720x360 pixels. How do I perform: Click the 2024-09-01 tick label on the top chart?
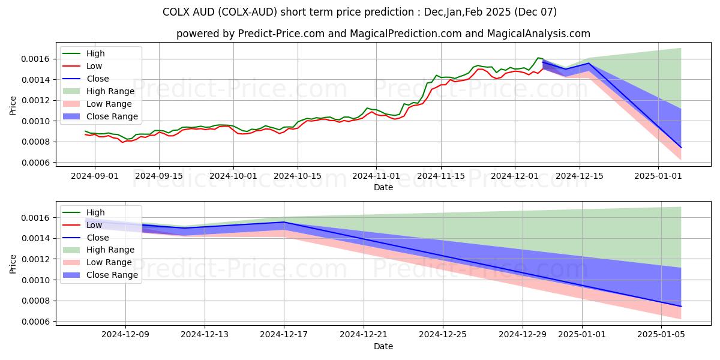pos(95,176)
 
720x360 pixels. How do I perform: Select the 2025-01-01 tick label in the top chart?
pos(658,176)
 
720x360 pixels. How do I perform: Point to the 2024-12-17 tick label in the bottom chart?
pos(284,335)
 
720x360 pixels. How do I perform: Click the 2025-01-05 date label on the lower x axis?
pos(661,335)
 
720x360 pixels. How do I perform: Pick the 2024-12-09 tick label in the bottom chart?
pos(125,335)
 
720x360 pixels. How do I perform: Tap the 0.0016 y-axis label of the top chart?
pos(35,59)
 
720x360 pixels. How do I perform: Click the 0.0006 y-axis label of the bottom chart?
pos(35,322)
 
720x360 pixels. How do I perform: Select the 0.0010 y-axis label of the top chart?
pos(35,121)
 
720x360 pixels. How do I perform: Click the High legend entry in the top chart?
pos(95,53)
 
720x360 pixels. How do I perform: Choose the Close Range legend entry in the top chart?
pos(112,116)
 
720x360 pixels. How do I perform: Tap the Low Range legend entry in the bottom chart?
pos(109,262)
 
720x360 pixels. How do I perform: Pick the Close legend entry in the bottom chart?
pos(98,238)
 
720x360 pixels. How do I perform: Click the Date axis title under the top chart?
pos(383,187)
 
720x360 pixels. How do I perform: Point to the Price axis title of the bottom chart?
pos(13,264)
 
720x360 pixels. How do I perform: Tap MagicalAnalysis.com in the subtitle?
pos(538,34)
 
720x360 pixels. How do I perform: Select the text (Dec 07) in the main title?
pos(535,12)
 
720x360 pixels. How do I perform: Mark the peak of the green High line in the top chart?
pos(538,58)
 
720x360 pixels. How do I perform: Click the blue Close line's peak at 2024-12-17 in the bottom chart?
pos(284,222)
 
